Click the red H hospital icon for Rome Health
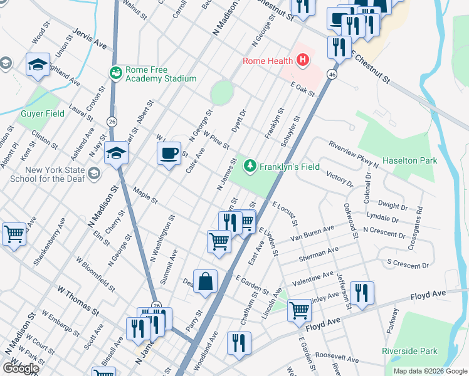click(303, 61)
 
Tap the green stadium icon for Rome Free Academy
click(115, 73)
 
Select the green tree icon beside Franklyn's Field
click(251, 165)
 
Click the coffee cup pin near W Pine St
click(168, 154)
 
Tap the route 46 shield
click(332, 75)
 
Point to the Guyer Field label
click(43, 114)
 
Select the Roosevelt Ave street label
click(336, 358)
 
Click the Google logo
click(21, 368)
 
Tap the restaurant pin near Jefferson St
click(362, 293)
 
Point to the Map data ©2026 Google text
click(429, 371)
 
